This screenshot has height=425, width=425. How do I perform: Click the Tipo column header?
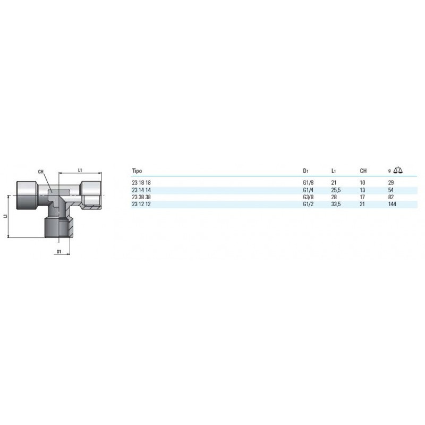point(137,171)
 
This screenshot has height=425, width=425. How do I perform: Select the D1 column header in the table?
point(306,171)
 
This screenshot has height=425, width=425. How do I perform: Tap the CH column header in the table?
point(363,171)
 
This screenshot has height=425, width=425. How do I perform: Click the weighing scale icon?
point(398,170)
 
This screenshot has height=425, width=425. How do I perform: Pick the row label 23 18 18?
point(141,183)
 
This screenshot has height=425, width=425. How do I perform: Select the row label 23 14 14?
point(141,190)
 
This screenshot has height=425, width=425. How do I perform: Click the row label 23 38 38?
point(141,197)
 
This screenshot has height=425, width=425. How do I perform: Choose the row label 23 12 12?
point(141,205)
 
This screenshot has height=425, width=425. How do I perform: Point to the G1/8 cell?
point(308,183)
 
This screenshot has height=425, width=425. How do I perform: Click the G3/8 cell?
point(308,197)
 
